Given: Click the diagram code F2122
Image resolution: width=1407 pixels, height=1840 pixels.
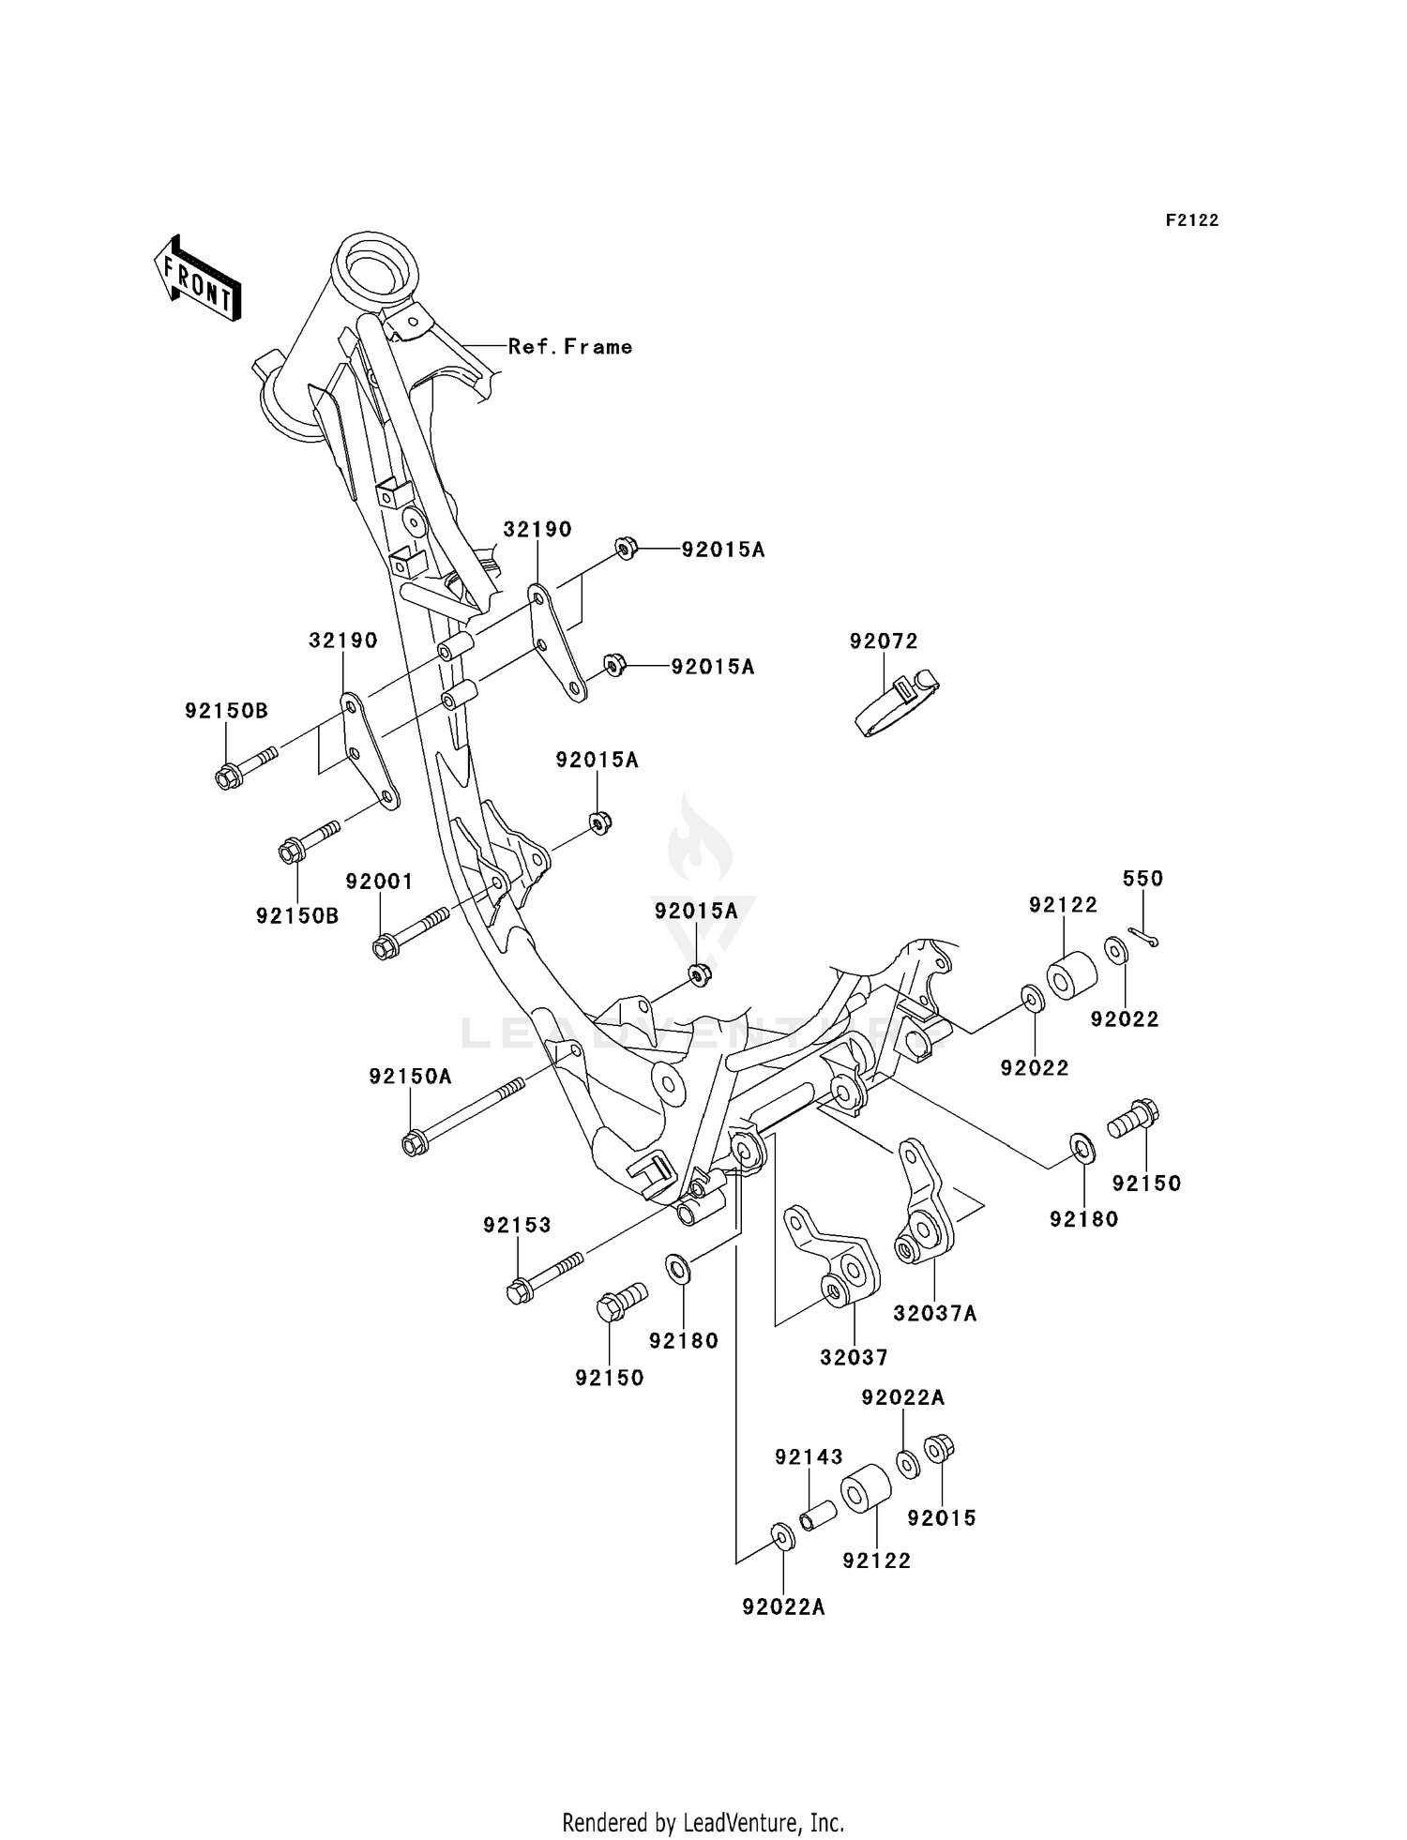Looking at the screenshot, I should coord(1191,220).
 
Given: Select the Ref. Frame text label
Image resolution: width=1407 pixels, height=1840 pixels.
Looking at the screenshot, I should coord(569,346).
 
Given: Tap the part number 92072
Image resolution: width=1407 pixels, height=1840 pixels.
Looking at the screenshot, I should coord(884,641).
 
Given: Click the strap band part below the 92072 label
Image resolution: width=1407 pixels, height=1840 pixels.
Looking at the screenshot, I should coord(897,705).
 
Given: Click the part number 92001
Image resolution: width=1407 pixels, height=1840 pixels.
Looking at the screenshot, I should coord(379,882).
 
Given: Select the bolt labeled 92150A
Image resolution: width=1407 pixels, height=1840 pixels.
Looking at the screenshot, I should coord(460,1116).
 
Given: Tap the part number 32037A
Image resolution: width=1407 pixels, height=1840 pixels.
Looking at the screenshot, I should coord(934,1314).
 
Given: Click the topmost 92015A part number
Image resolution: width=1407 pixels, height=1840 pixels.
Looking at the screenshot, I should coord(722,550).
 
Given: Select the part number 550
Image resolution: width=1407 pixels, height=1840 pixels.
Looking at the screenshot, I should coord(1142,879).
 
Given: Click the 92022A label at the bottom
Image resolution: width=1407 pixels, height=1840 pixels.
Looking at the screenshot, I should coord(783,1607).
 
